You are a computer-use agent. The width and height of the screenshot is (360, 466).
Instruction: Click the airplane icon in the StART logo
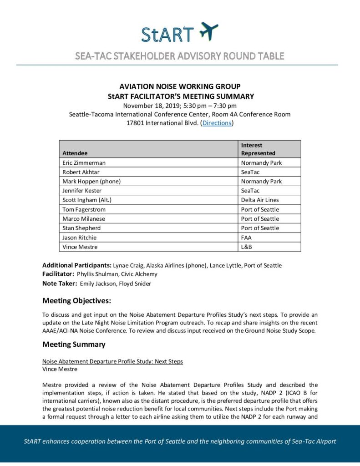click(208, 31)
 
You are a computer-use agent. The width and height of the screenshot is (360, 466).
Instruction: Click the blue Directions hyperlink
click(217, 123)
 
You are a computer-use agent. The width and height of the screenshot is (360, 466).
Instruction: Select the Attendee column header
click(75, 153)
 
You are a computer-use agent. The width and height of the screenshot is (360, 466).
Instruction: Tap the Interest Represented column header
click(258, 149)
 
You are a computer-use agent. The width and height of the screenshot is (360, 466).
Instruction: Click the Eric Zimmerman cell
click(85, 163)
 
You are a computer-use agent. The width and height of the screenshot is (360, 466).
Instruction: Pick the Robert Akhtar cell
click(81, 172)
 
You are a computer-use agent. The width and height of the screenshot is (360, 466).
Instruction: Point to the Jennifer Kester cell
click(82, 191)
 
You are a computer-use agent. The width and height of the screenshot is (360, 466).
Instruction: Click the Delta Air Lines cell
click(260, 200)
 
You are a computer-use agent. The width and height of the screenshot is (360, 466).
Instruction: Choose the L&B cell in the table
click(247, 247)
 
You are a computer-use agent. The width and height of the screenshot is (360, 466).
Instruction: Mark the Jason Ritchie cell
click(79, 238)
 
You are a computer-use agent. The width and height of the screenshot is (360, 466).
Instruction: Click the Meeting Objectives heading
click(76, 300)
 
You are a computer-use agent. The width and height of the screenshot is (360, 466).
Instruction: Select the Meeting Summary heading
click(74, 344)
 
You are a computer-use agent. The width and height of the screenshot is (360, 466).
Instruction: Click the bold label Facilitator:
click(58, 274)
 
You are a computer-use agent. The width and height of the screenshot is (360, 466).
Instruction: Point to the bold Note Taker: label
click(60, 284)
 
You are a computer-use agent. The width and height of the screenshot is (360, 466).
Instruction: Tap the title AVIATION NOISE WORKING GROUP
click(180, 86)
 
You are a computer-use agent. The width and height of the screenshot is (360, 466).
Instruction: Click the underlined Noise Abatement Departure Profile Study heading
click(112, 361)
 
